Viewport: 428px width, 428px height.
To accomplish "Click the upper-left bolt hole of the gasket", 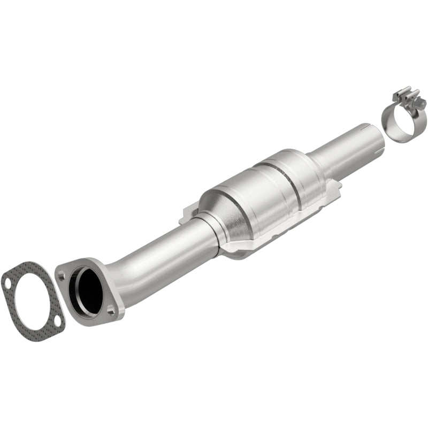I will [x=7, y=279].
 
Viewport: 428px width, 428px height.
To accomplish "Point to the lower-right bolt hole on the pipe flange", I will [x=111, y=309].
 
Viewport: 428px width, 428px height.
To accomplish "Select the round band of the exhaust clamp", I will [x=399, y=120].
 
